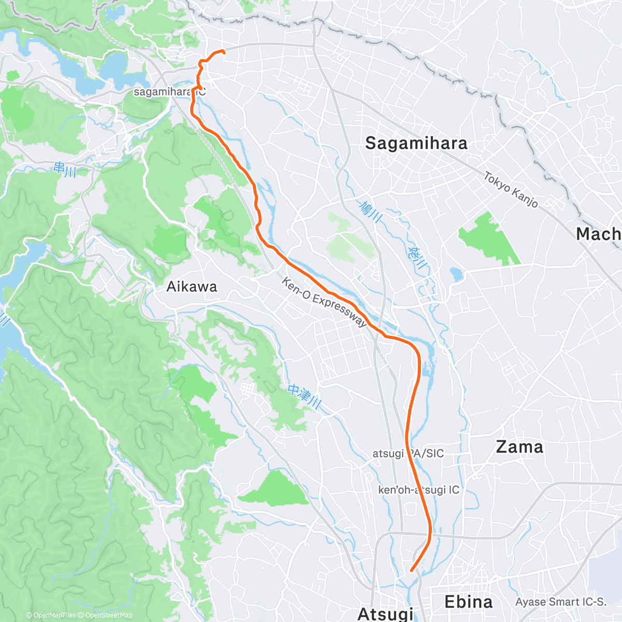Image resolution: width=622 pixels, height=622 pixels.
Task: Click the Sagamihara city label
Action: tap(416, 143)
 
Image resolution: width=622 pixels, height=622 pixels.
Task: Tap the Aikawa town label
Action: tap(191, 287)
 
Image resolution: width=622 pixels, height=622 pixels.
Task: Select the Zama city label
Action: tap(519, 447)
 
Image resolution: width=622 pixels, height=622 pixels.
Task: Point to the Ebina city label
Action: tap(469, 602)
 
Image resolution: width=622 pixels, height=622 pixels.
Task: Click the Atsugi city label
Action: tap(386, 614)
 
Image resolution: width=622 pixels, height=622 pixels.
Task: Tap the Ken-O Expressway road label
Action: tap(324, 302)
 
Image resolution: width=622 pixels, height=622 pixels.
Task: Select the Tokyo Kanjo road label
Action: tap(511, 190)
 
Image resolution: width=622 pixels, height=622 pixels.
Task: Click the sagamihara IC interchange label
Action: tap(169, 92)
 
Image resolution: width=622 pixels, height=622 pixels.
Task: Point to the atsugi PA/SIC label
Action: tap(408, 454)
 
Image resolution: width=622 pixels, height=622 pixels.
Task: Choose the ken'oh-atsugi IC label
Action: tap(418, 490)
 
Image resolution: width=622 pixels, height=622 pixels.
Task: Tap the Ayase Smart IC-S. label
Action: tap(560, 602)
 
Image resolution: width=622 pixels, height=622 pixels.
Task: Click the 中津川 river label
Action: tap(305, 396)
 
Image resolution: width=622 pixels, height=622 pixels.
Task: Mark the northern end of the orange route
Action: tap(223, 51)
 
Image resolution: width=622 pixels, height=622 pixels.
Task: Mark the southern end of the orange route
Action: tap(412, 570)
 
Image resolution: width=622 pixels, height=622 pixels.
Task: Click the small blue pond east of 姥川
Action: tap(456, 274)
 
